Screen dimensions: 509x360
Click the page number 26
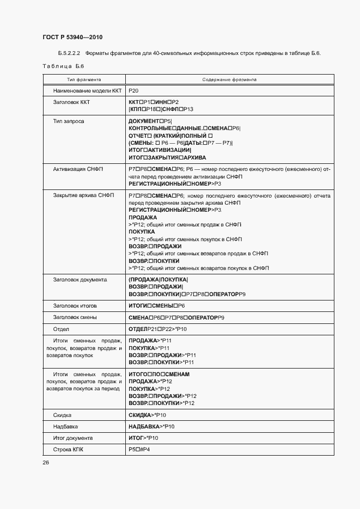(x=45, y=463)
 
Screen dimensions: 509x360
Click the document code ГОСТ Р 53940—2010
(x=72, y=38)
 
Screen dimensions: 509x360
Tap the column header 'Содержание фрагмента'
(x=229, y=79)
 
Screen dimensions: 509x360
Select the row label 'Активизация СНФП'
(x=77, y=169)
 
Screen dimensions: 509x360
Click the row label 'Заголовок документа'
(x=80, y=280)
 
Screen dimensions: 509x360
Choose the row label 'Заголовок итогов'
(x=75, y=306)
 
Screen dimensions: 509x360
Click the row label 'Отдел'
(x=60, y=329)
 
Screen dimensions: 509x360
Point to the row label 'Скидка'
(x=62, y=415)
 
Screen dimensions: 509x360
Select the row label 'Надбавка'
(x=65, y=426)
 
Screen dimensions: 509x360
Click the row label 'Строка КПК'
(x=68, y=450)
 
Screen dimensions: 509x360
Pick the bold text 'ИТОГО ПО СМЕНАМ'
(x=159, y=375)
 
